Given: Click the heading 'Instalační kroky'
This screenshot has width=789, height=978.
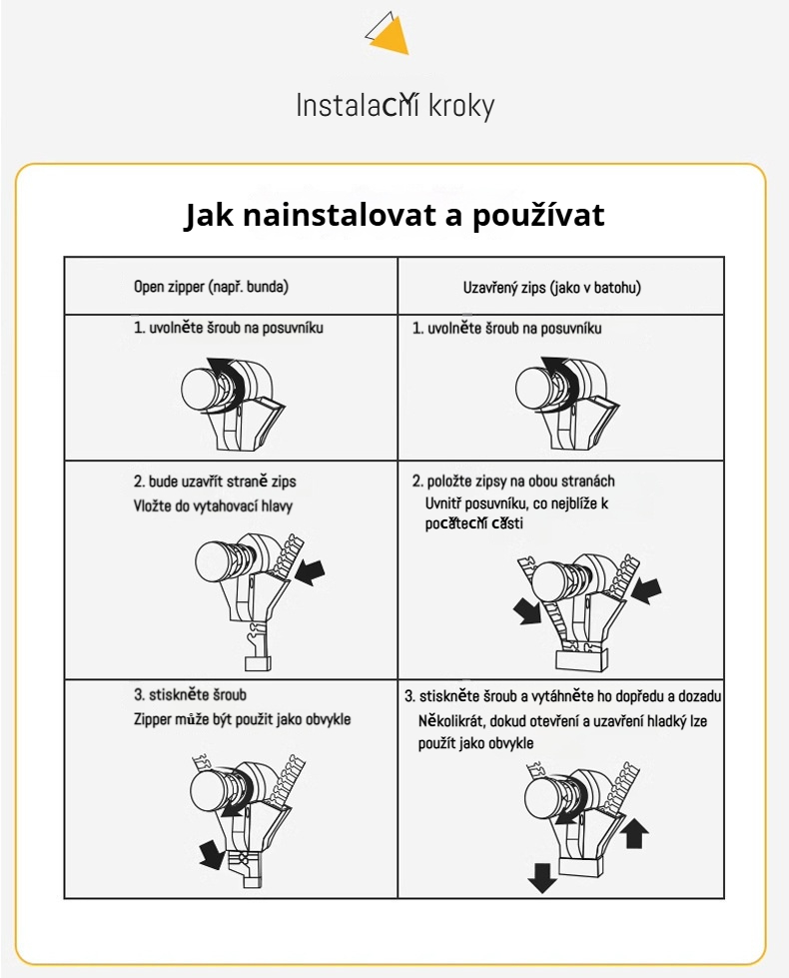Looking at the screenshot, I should [x=394, y=106].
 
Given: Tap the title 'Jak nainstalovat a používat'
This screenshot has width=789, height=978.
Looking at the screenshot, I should [x=394, y=216].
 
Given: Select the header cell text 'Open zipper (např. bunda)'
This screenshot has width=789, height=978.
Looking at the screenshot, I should [x=211, y=287].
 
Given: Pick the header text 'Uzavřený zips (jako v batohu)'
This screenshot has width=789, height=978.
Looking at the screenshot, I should [x=551, y=287].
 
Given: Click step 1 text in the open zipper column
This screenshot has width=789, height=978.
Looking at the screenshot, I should [x=229, y=328].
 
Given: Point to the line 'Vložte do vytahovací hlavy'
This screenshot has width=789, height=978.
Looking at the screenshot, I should [x=213, y=505].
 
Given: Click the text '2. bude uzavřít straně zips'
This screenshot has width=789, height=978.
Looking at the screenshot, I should [x=215, y=482].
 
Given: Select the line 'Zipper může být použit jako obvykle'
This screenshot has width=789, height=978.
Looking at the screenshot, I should [x=242, y=719].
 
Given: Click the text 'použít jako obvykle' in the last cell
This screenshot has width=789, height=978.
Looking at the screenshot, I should [x=475, y=743].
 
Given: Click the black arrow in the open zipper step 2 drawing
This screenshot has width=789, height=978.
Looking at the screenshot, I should [x=311, y=571].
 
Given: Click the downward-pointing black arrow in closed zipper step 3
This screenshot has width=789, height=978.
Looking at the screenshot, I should [x=542, y=877].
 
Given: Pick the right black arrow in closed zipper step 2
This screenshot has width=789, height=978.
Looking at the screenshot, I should [x=646, y=589].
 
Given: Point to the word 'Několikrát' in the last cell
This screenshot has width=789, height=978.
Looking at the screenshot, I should [x=449, y=720].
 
